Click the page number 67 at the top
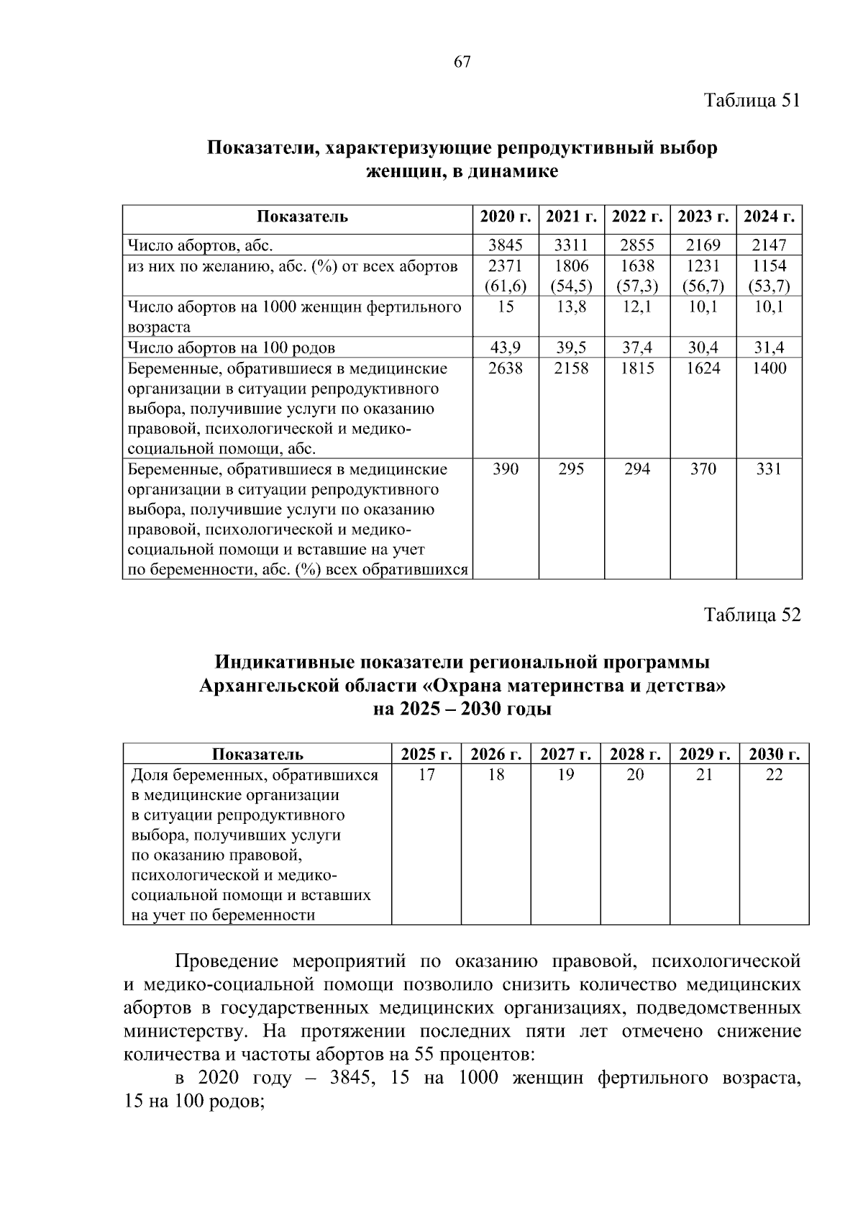pyautogui.click(x=462, y=63)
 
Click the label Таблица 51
pyautogui.click(x=752, y=100)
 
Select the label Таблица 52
pyautogui.click(x=752, y=615)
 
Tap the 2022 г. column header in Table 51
pyautogui.click(x=637, y=217)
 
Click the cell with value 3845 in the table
pyautogui.click(x=506, y=245)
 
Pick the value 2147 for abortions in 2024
pyautogui.click(x=769, y=245)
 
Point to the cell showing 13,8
pyautogui.click(x=571, y=307)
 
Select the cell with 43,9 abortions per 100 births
pyautogui.click(x=506, y=348)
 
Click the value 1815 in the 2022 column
pyautogui.click(x=637, y=368)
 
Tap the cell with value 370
pyautogui.click(x=703, y=469)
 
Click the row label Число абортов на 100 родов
pyautogui.click(x=231, y=348)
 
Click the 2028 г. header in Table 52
pyautogui.click(x=636, y=754)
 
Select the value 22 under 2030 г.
pyautogui.click(x=774, y=775)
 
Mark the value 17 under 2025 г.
pyautogui.click(x=426, y=775)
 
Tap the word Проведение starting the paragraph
pyautogui.click(x=227, y=961)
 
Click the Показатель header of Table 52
pyautogui.click(x=257, y=754)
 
